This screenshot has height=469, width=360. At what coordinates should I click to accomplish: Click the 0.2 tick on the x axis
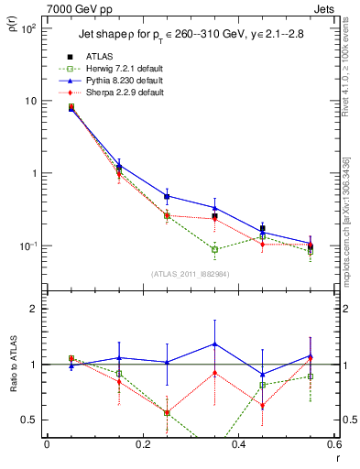[x=142, y=444]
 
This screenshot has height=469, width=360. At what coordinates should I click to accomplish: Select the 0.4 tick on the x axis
[x=238, y=444]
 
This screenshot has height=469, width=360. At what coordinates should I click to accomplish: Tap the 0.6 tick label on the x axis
[x=333, y=444]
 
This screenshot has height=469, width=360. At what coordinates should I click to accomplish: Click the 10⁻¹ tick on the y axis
[x=27, y=245]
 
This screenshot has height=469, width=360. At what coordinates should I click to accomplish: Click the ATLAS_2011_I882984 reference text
[x=191, y=273]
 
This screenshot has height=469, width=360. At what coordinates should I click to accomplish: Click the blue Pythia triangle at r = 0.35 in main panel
[x=214, y=208]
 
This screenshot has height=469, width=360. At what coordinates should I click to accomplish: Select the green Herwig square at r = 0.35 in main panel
[x=214, y=249]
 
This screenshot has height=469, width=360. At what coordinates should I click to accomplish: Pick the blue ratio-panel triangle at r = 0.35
[x=214, y=344]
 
